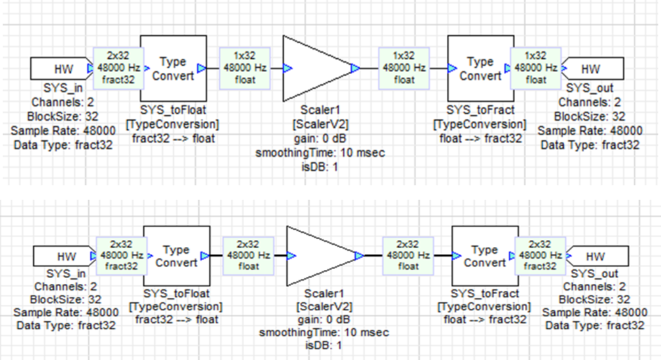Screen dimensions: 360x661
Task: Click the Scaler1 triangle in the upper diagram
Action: (x=313, y=68)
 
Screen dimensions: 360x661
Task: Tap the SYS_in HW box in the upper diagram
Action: (x=60, y=69)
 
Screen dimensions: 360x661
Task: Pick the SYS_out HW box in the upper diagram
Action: (x=593, y=69)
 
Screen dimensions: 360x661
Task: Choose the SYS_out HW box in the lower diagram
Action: (x=598, y=256)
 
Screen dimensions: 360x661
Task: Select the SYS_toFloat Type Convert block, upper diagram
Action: (x=173, y=69)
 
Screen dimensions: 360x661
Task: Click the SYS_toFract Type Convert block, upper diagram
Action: (x=479, y=69)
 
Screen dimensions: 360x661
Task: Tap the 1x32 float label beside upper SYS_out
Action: (x=535, y=68)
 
